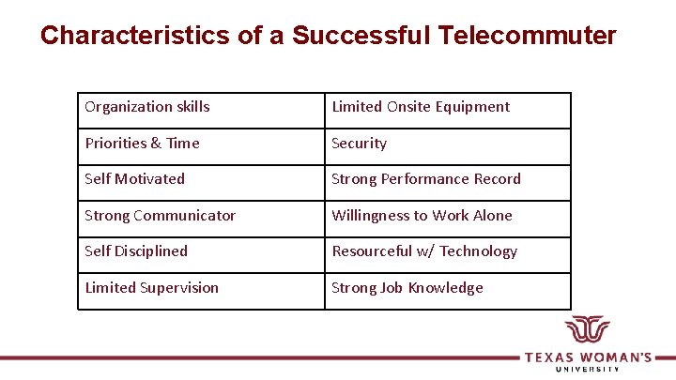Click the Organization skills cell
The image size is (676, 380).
point(200,107)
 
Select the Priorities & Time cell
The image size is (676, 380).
point(200,144)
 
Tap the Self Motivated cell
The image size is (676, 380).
point(200,179)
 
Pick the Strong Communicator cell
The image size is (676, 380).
point(200,216)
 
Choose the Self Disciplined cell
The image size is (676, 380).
point(200,251)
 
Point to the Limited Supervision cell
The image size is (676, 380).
point(200,288)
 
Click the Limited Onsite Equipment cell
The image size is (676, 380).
point(447,107)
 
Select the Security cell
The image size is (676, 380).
point(447,144)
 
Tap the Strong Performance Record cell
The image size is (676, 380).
point(447,179)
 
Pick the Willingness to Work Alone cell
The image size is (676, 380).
point(447,216)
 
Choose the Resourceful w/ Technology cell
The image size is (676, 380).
point(447,251)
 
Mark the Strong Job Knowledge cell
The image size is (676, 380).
point(447,288)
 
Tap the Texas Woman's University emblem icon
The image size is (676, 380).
point(587,332)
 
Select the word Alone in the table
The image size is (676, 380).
point(493,216)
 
